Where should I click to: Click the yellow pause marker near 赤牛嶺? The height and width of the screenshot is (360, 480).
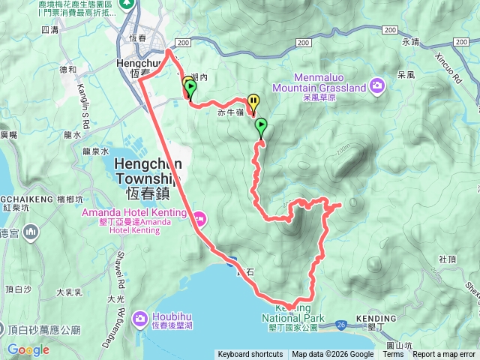click(x=253, y=101)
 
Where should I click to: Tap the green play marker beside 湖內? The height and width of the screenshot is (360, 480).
click(x=190, y=89)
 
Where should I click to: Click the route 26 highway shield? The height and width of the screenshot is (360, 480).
click(x=341, y=324)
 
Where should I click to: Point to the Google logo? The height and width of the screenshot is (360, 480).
click(x=28, y=349)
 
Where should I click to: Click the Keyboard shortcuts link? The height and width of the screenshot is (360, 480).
click(x=250, y=355)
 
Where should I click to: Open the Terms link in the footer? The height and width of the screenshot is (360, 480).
click(x=393, y=355)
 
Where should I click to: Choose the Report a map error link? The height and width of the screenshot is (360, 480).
click(x=444, y=355)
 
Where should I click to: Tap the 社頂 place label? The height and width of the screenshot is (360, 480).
click(x=448, y=258)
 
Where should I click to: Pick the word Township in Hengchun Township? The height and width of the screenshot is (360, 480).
click(x=146, y=179)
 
